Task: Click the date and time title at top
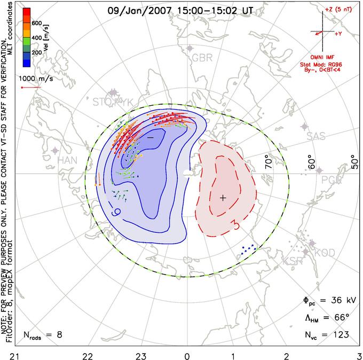(181, 10)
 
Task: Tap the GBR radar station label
(202, 58)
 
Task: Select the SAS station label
(316, 136)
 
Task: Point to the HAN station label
(67, 160)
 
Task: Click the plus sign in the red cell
(223, 198)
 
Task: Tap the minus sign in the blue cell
(151, 137)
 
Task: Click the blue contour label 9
(115, 212)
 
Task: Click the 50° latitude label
(354, 160)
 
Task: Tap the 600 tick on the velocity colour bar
(37, 23)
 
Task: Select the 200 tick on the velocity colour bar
(37, 53)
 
